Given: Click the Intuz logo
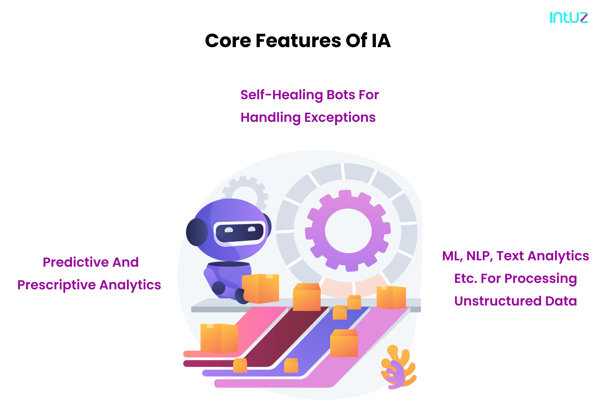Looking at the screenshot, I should click(569, 17).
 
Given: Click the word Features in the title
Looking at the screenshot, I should click(298, 41).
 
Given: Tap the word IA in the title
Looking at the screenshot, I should click(381, 41).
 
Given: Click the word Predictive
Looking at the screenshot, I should click(76, 262).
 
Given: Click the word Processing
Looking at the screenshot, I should click(541, 279).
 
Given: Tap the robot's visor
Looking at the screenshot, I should click(239, 233).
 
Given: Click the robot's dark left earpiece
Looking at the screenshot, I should click(197, 232).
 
